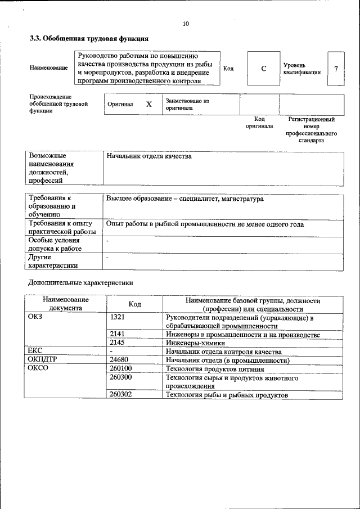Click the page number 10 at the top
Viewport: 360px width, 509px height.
[x=186, y=23]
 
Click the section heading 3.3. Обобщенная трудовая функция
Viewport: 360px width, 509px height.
[x=89, y=39]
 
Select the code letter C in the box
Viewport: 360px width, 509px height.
[x=263, y=69]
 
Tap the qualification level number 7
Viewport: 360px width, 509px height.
[x=336, y=69]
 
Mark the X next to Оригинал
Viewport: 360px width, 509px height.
[x=149, y=105]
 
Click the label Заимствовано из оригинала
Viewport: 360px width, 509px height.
[x=187, y=105]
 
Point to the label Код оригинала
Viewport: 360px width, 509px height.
[x=259, y=123]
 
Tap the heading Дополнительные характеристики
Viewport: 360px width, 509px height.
[x=81, y=282]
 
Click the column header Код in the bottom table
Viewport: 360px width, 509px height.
[x=134, y=304]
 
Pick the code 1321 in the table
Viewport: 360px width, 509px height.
[x=118, y=318]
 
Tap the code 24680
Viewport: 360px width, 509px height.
[x=120, y=360]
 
